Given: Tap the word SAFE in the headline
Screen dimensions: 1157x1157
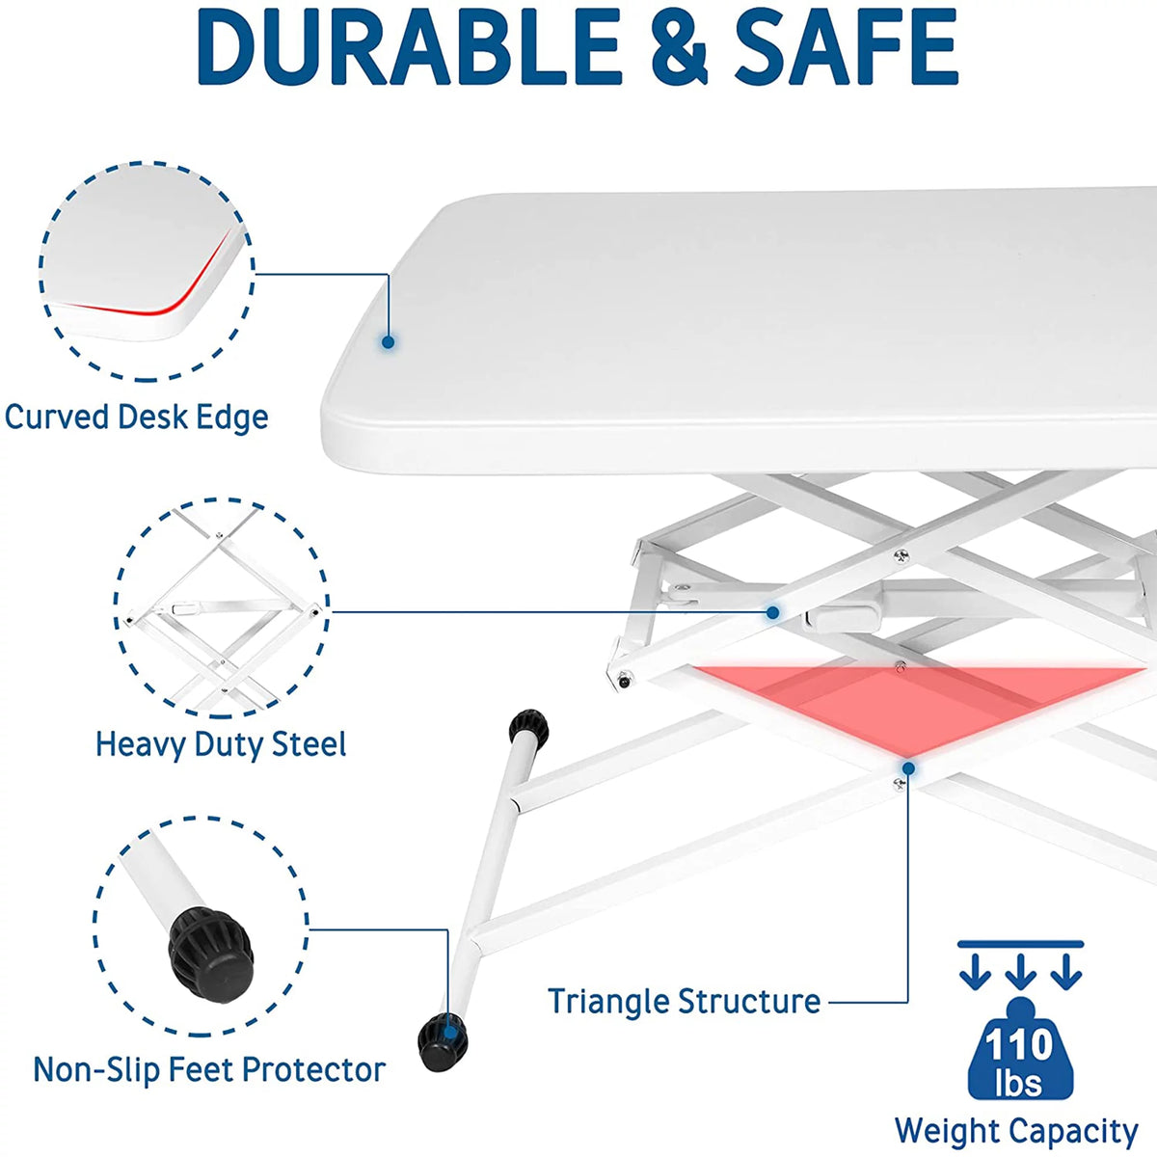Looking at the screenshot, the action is point(846,47).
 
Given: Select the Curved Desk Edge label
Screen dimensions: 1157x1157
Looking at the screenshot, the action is point(136,417).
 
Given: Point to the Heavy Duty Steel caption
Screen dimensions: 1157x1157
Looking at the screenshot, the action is point(221,745).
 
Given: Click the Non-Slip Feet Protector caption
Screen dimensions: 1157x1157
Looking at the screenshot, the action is point(209,1069).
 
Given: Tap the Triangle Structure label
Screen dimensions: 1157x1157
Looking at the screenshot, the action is point(684,1001).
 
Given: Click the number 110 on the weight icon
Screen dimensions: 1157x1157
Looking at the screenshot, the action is point(1019,1045).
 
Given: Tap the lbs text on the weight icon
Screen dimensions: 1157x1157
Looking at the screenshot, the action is point(1018,1083).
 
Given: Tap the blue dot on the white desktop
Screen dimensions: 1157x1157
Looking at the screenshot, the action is point(389,342).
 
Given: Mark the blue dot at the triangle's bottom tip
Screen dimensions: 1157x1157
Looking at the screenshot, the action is point(908,768).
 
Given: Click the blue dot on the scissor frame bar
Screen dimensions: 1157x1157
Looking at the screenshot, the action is point(773,612).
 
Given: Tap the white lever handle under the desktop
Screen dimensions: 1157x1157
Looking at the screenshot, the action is point(842,619).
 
